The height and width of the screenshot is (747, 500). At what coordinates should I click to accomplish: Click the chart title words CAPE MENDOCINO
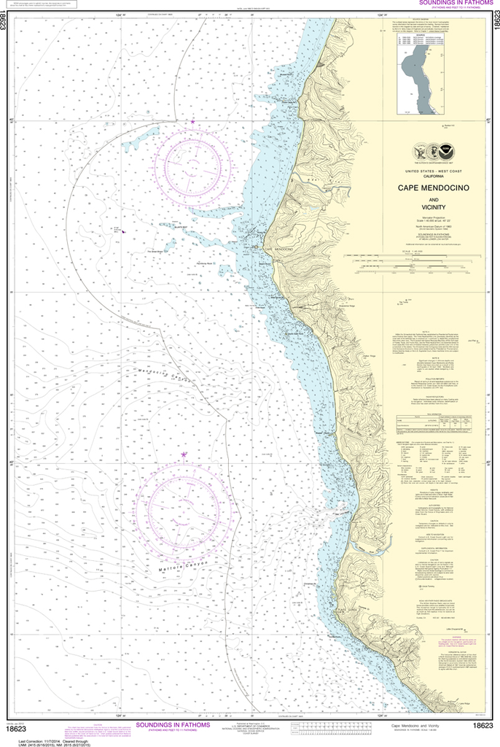[x=433, y=187]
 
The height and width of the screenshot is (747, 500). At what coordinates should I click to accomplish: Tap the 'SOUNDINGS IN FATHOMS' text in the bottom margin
[x=172, y=725]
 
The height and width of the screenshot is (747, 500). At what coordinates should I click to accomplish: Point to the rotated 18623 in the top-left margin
[x=6, y=29]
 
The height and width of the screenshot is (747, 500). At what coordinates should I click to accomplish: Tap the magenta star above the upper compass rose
[x=193, y=121]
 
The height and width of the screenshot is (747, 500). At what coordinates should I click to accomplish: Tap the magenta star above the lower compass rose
[x=184, y=455]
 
